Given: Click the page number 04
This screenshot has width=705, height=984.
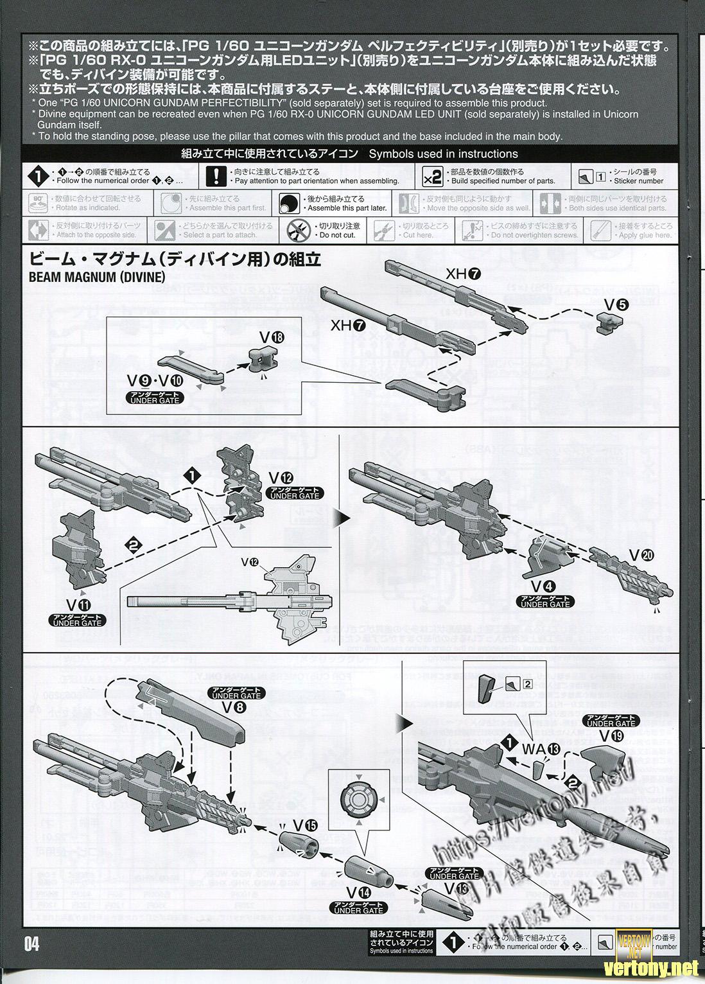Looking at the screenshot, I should click(31, 944).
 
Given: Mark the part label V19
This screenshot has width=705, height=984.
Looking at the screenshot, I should click(611, 736).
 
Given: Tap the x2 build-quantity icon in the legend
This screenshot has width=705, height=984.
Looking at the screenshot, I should click(433, 176).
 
